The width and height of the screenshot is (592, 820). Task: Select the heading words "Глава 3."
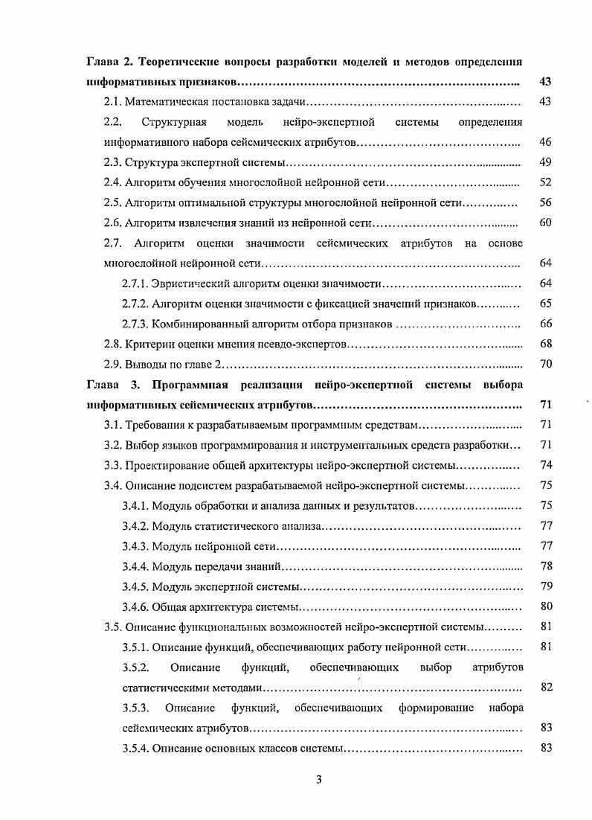[113, 385]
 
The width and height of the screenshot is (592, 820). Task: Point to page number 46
[544, 141]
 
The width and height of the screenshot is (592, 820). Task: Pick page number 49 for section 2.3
[544, 161]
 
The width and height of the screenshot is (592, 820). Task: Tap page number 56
[544, 202]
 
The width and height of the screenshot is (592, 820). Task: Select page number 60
[544, 222]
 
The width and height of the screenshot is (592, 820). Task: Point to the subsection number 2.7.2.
[135, 304]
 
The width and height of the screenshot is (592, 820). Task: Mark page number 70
[544, 365]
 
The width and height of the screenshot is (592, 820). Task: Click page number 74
[544, 466]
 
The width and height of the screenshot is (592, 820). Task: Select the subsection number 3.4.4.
[135, 566]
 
